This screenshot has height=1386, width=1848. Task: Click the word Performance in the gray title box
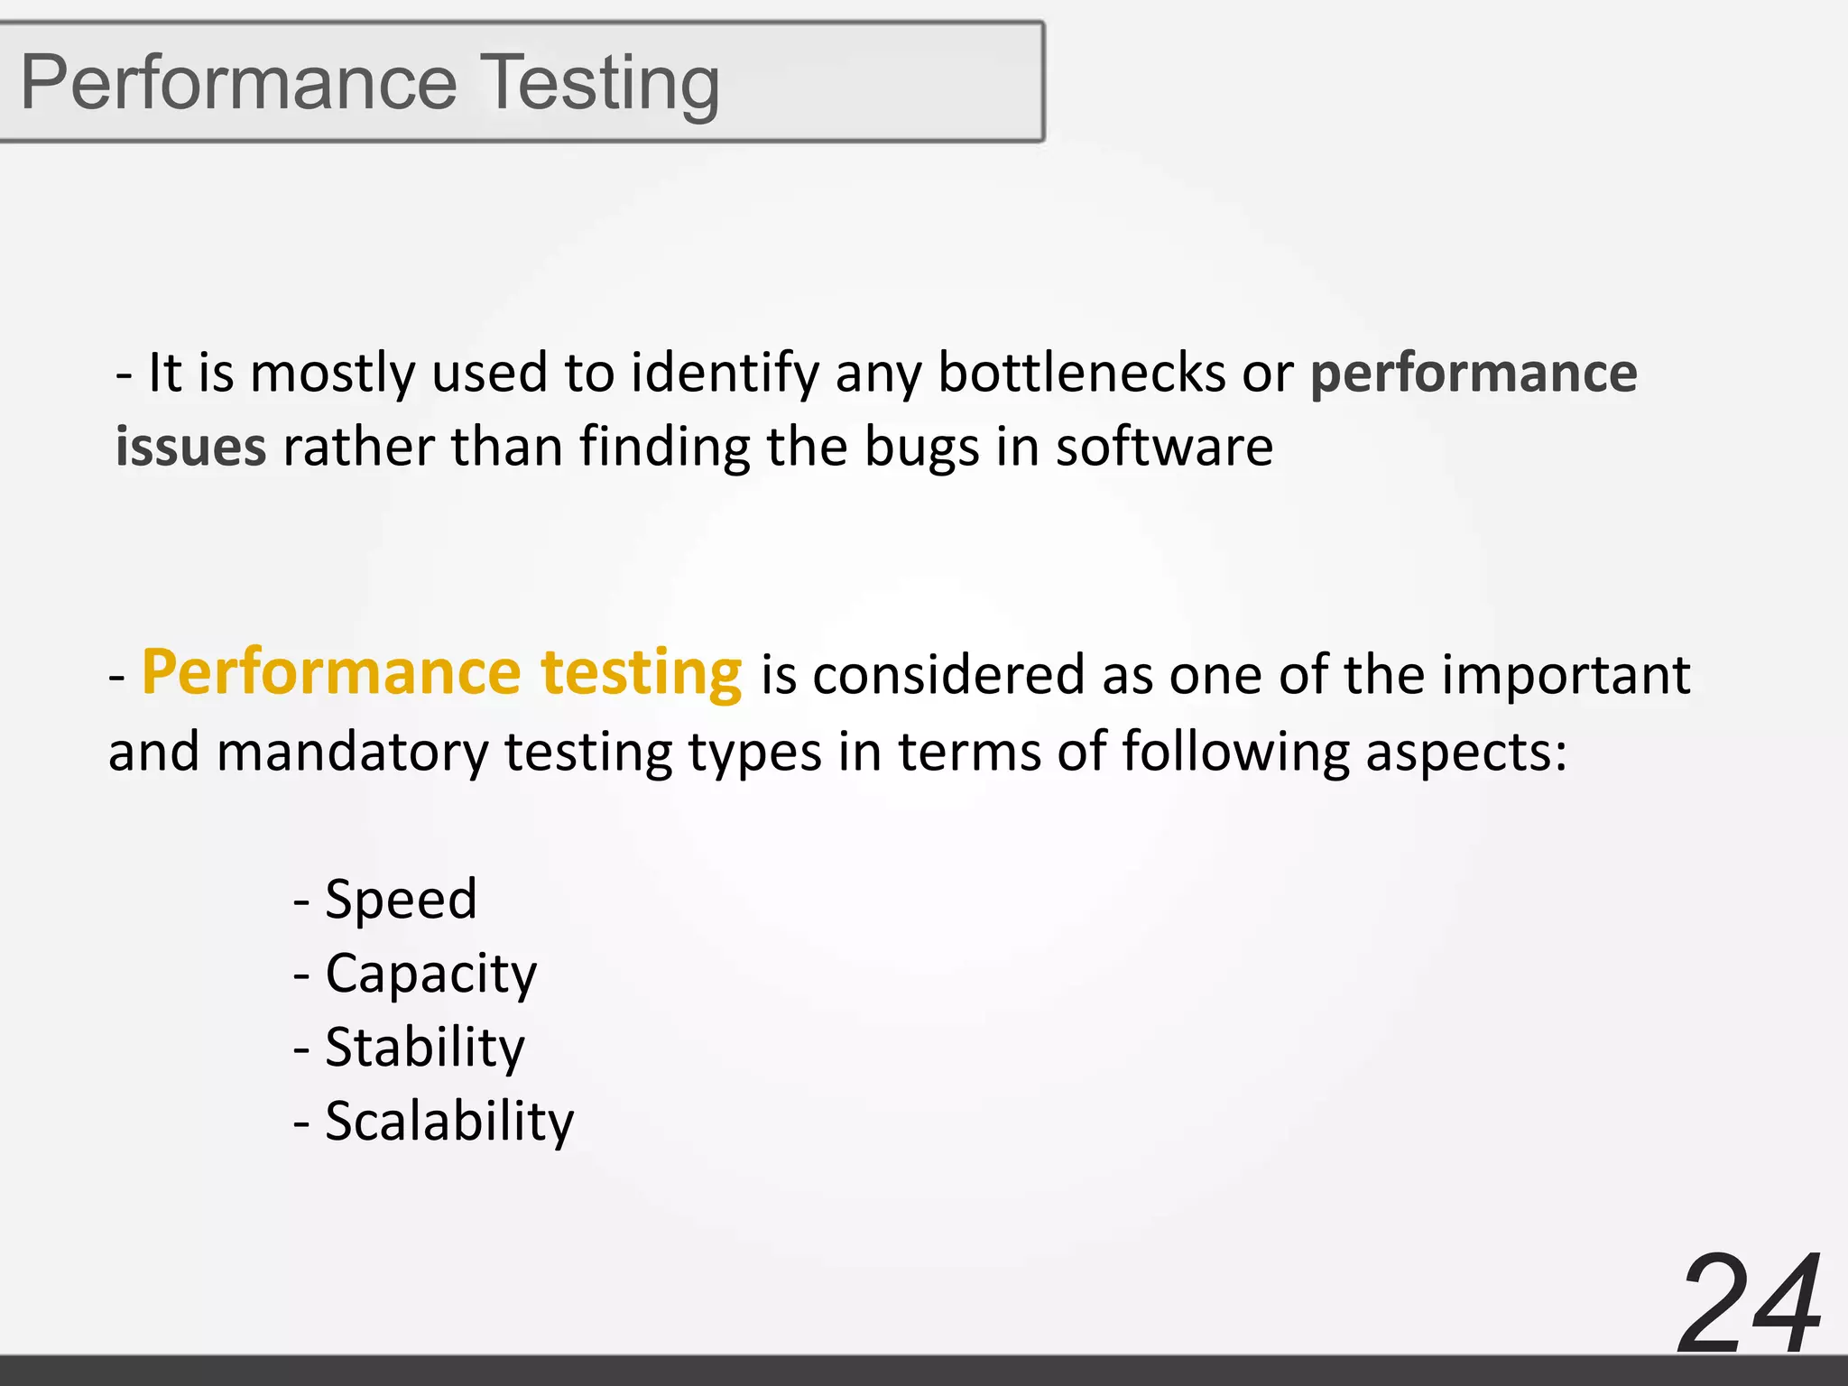tap(239, 83)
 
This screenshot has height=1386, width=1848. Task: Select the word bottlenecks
tap(1081, 373)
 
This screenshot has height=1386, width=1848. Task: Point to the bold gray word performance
tap(1473, 374)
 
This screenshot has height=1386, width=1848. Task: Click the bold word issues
tap(190, 447)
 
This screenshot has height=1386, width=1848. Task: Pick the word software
tap(1164, 447)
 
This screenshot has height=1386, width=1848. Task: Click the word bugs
tap(921, 448)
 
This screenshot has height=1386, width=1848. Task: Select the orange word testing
tap(641, 674)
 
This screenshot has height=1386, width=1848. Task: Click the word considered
tap(948, 675)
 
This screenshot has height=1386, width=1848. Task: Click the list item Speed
tap(401, 900)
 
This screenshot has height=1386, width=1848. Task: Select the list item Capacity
tap(430, 975)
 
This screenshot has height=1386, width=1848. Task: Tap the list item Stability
tap(424, 1048)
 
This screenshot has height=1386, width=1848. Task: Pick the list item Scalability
tap(448, 1122)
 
